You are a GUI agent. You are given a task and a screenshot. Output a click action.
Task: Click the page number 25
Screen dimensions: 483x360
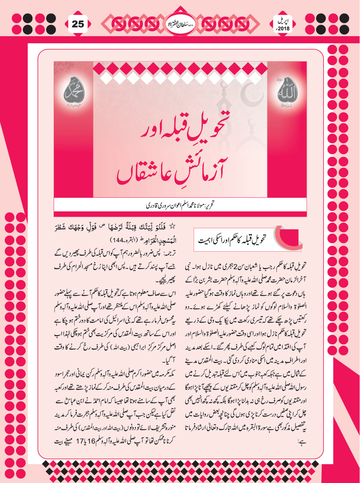tap(78, 24)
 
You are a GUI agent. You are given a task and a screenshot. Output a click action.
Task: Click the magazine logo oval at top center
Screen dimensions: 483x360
tap(180, 24)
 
